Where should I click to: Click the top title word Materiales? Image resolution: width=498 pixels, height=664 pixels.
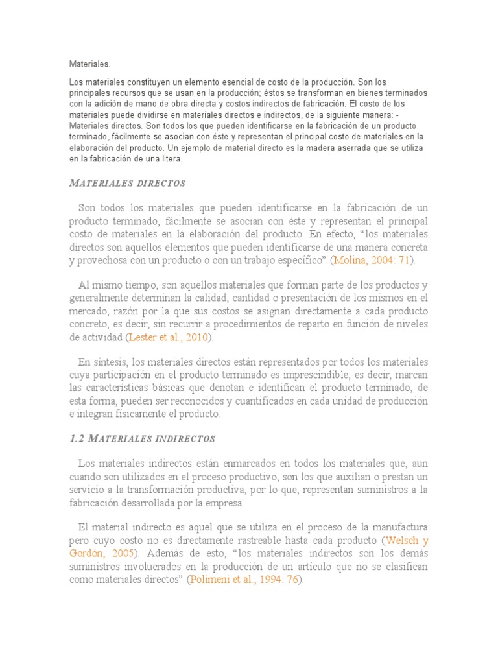[89, 64]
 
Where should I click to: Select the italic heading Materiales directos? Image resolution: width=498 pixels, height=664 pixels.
[127, 184]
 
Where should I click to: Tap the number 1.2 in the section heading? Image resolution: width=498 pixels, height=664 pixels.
[77, 439]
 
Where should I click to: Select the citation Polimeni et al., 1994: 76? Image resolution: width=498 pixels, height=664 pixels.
[243, 580]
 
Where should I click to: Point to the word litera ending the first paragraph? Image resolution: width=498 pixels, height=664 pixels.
[172, 158]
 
